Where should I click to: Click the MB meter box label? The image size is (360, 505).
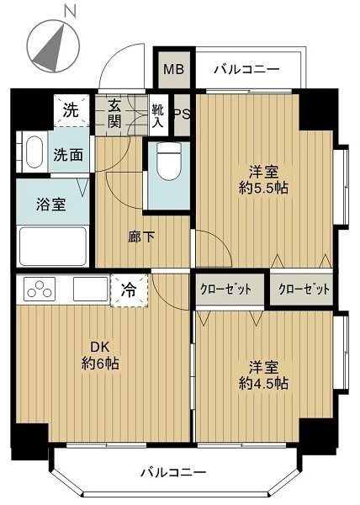[x=174, y=69]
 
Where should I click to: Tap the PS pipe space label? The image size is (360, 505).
[x=182, y=114]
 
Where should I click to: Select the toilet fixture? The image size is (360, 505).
[x=168, y=160]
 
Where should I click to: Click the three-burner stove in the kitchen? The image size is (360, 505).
[x=40, y=289]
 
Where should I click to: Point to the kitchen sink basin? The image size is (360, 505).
[x=91, y=289]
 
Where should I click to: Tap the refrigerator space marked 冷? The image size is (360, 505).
[x=130, y=290]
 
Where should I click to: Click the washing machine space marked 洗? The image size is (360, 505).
[x=71, y=110]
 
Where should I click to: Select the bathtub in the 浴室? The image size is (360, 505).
[x=53, y=247]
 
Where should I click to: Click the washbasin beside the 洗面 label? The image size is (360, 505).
[x=34, y=152]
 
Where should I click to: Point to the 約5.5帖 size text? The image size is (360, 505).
[x=263, y=188]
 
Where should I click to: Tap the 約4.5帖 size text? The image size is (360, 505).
[x=263, y=383]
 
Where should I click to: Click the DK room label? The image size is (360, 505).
[x=100, y=347]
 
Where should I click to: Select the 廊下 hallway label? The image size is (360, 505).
[x=141, y=237]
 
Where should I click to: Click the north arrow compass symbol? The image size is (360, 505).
[x=53, y=46]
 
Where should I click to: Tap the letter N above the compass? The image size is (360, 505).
[x=70, y=12]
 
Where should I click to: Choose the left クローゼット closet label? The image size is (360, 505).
[x=225, y=290]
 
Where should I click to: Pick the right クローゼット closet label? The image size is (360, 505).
[x=304, y=290]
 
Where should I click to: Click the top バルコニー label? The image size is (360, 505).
[x=246, y=69]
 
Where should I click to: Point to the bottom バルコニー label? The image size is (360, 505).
[x=173, y=472]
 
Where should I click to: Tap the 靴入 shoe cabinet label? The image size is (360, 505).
[x=157, y=116]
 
